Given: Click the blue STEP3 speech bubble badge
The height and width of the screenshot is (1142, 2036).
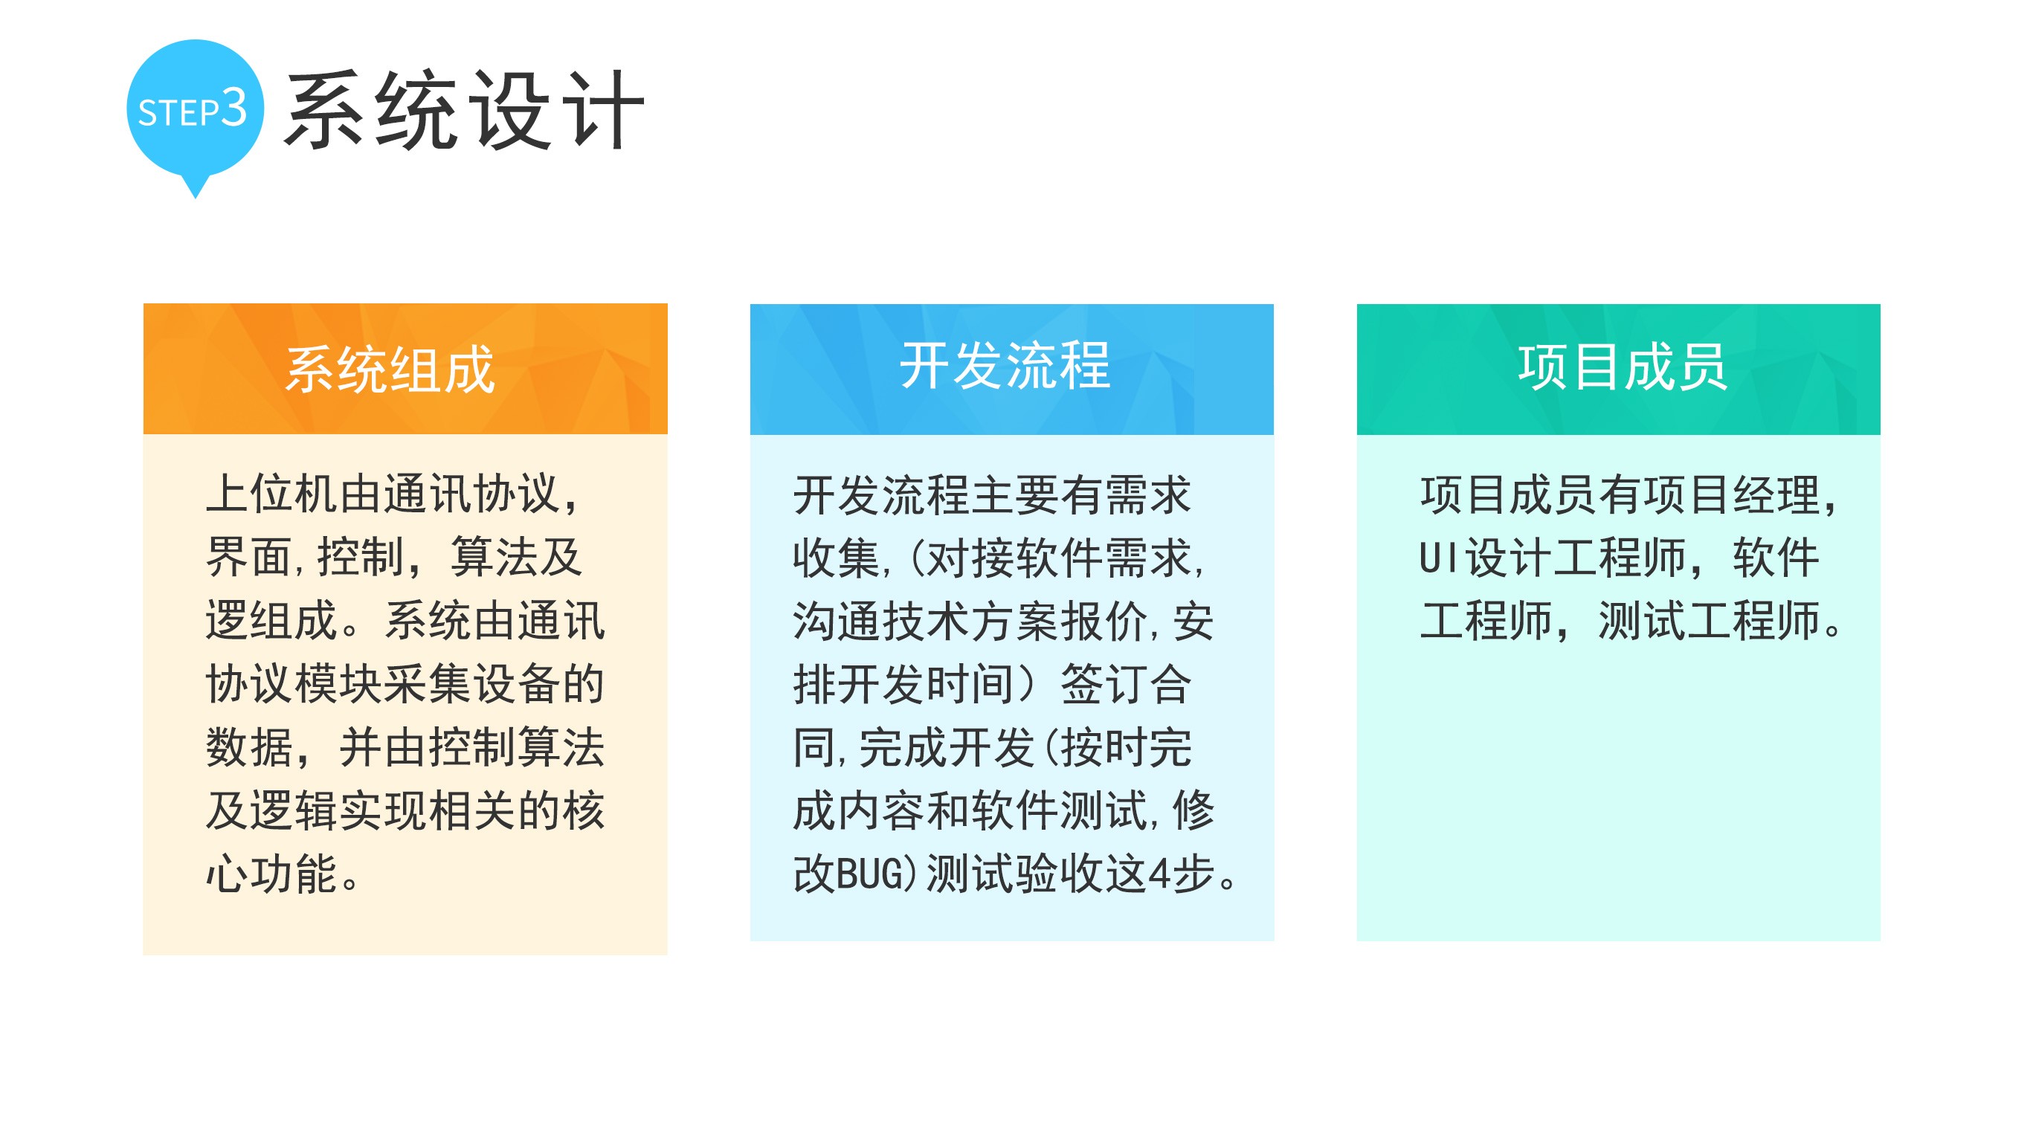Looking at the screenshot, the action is (x=196, y=111).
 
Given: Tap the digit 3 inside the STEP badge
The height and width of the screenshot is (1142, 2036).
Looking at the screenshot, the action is (x=234, y=108).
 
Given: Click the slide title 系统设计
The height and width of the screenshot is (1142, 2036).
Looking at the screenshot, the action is (x=465, y=110).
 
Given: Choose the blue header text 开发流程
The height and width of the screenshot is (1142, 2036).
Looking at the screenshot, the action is (x=1005, y=366).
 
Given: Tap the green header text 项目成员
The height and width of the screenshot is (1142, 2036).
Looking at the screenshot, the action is (x=1623, y=367).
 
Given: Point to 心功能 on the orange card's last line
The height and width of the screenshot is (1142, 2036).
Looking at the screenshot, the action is (x=272, y=874).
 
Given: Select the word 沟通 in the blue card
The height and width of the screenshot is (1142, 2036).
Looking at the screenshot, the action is (x=837, y=621).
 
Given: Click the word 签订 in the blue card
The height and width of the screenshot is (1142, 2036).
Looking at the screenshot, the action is (x=1104, y=685).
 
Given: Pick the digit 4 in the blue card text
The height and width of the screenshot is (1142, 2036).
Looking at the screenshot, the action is (x=1159, y=875).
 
